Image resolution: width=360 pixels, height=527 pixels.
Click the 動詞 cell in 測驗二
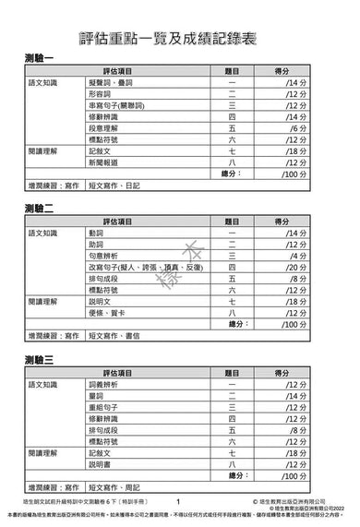tap(96, 233)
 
